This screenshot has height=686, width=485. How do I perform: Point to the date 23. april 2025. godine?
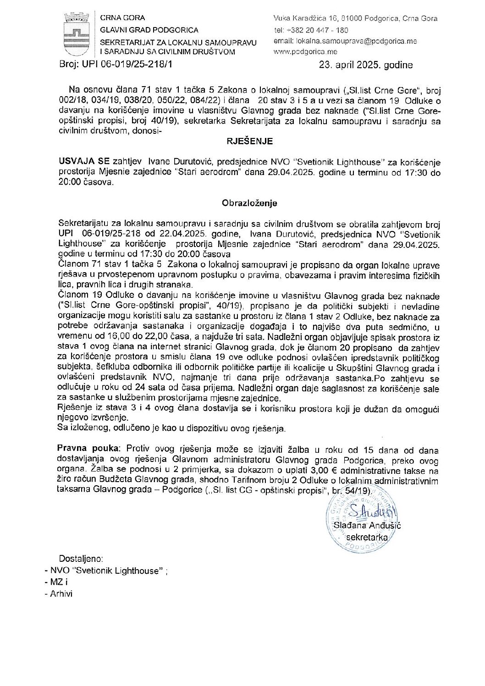(366, 65)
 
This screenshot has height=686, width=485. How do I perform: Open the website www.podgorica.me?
(305, 52)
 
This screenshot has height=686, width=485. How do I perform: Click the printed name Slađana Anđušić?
(373, 525)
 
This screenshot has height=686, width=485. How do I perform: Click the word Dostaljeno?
(81, 559)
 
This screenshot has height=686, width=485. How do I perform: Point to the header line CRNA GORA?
(122, 18)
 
